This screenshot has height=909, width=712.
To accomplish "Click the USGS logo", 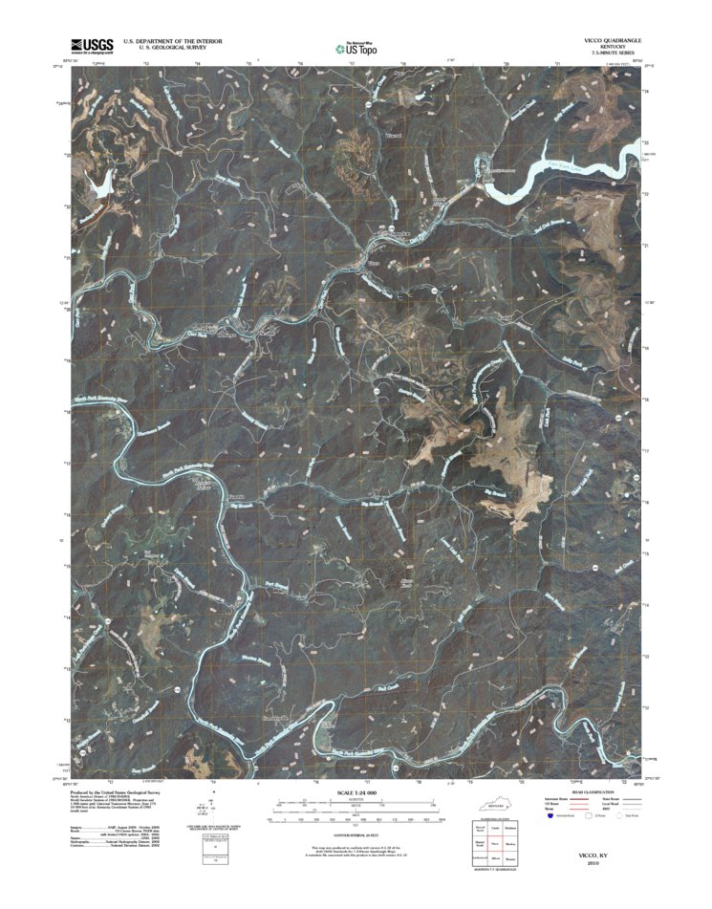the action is [92, 45].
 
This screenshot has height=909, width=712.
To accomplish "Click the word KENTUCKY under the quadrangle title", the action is [608, 47].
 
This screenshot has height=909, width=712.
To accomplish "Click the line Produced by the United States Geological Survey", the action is [121, 792].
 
